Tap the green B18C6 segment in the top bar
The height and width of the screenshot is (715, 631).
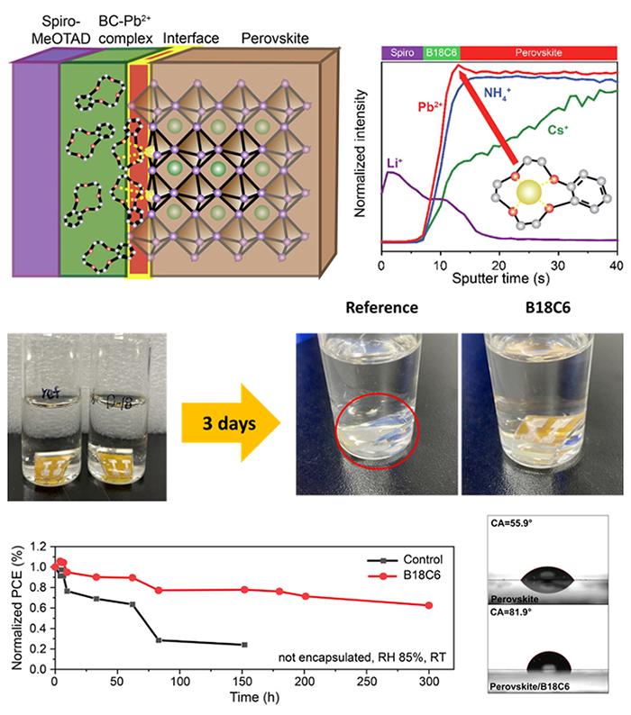(x=440, y=52)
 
